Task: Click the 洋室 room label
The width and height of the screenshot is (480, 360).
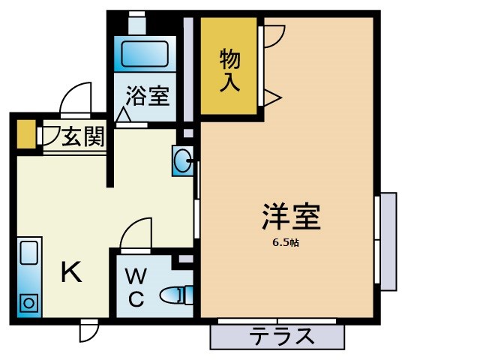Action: [291, 217]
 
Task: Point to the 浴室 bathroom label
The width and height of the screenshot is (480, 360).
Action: [147, 96]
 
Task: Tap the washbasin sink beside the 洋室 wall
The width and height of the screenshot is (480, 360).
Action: [182, 160]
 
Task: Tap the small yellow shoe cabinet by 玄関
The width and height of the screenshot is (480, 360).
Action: [25, 133]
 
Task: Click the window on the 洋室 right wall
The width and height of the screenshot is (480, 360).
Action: [386, 241]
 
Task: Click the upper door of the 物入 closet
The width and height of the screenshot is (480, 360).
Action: [272, 37]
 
